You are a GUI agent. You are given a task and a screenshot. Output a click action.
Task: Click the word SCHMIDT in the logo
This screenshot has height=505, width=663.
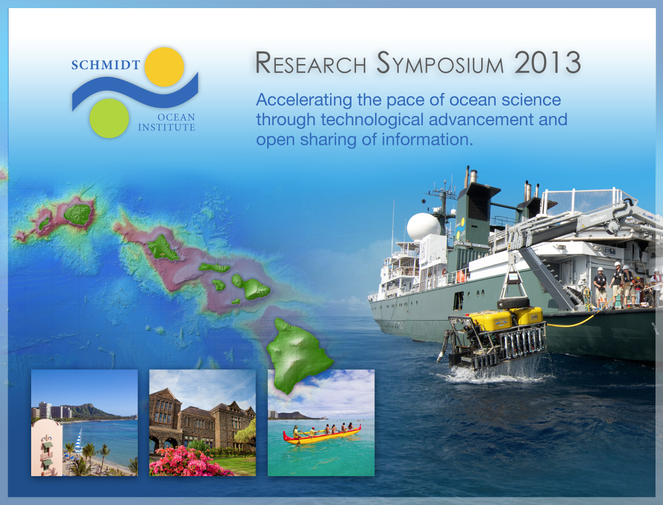tap(106, 65)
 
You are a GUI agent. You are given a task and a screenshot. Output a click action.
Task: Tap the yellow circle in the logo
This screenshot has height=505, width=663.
tap(164, 68)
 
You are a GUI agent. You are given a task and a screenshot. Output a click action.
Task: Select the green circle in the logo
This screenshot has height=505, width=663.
tap(109, 118)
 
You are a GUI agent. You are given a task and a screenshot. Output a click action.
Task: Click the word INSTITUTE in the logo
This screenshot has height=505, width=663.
tap(167, 128)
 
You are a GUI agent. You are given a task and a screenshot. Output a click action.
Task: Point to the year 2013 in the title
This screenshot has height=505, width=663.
tap(548, 62)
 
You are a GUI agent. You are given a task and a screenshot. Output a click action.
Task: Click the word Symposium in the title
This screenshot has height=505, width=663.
tap(440, 63)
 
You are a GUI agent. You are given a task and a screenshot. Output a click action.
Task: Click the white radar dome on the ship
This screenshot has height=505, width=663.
tap(424, 227)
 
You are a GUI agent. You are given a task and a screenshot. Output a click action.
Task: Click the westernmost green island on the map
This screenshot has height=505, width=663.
tap(43, 223)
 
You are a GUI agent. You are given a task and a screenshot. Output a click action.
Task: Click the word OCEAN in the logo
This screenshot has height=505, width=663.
tap(177, 117)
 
